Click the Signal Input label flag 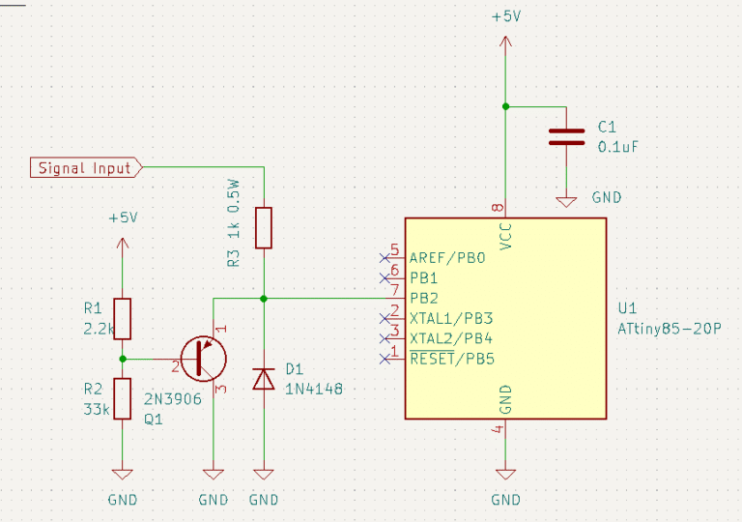[86, 167]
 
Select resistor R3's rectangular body [264, 228]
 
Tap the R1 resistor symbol [123, 319]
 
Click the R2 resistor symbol [123, 399]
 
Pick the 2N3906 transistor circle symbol [204, 359]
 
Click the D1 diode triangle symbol [264, 379]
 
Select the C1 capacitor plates [566, 136]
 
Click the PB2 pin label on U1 [424, 299]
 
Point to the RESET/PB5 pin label [452, 359]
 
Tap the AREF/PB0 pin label [447, 258]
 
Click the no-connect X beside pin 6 [385, 278]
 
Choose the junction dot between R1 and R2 [123, 359]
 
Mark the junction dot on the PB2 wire [264, 299]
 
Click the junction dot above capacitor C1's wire [505, 106]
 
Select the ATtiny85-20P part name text [670, 329]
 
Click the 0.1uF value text [618, 147]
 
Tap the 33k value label [97, 409]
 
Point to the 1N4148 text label [314, 389]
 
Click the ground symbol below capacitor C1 [566, 202]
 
